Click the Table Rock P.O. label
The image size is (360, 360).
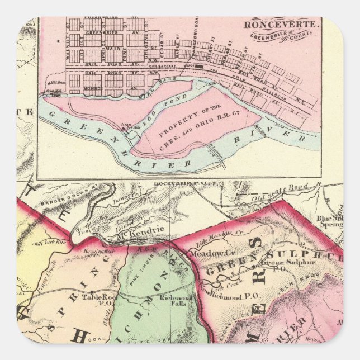(96, 299)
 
